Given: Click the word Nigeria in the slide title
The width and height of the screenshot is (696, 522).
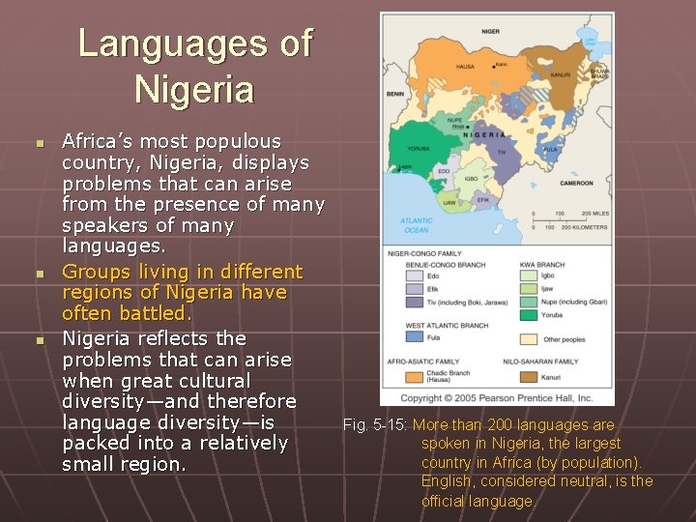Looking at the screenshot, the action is pyautogui.click(x=194, y=90).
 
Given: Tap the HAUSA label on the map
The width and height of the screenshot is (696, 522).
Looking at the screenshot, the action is pyautogui.click(x=465, y=67).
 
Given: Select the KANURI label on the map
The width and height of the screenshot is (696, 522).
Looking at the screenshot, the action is pyautogui.click(x=560, y=73).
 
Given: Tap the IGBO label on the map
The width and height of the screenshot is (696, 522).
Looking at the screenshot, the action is pyautogui.click(x=470, y=179).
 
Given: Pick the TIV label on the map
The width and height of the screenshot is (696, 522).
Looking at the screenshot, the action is pyautogui.click(x=501, y=152).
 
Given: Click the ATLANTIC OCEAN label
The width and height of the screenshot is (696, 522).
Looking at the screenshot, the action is pyautogui.click(x=416, y=225).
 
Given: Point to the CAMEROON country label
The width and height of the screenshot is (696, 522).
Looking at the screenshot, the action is pyautogui.click(x=575, y=183).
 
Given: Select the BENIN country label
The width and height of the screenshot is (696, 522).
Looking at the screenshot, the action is pyautogui.click(x=394, y=94).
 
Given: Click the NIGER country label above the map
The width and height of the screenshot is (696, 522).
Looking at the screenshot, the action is pyautogui.click(x=490, y=32).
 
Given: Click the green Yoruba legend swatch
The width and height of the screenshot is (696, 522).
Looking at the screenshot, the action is pyautogui.click(x=528, y=315).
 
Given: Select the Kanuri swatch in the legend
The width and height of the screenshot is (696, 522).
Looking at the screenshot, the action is pyautogui.click(x=528, y=376).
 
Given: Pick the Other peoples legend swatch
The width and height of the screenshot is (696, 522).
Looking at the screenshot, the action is pyautogui.click(x=528, y=339).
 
